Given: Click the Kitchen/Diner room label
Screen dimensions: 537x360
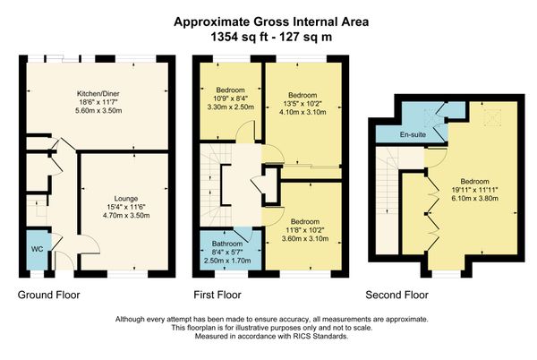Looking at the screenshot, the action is (x=98, y=93).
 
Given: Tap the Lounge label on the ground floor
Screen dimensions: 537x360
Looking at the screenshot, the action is (x=126, y=199).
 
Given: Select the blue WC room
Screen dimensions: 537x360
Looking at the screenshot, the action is (x=38, y=249).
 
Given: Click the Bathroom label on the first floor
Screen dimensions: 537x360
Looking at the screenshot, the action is (x=227, y=244).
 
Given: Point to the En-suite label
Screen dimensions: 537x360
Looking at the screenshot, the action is (x=413, y=134).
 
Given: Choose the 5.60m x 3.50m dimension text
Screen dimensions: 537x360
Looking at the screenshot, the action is (x=98, y=111).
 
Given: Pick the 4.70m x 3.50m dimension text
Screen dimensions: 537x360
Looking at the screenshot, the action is (x=126, y=216).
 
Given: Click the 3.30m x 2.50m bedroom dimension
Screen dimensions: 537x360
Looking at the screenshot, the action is (x=231, y=107).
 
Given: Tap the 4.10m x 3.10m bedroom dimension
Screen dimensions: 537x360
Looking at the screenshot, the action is (x=303, y=112).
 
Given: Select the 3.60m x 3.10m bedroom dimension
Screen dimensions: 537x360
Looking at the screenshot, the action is (x=305, y=238).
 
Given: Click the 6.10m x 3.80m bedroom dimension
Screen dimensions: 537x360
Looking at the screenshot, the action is (x=474, y=198).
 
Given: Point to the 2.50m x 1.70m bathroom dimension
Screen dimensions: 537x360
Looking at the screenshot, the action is (x=227, y=261).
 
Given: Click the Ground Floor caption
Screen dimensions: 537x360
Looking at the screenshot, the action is (x=48, y=295).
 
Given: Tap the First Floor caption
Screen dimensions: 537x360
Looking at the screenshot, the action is (x=217, y=295).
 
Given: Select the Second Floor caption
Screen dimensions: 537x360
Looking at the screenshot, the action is (x=396, y=295).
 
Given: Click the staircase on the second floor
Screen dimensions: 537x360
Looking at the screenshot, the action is (x=388, y=201).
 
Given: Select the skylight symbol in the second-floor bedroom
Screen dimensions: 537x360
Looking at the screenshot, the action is (x=492, y=118).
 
